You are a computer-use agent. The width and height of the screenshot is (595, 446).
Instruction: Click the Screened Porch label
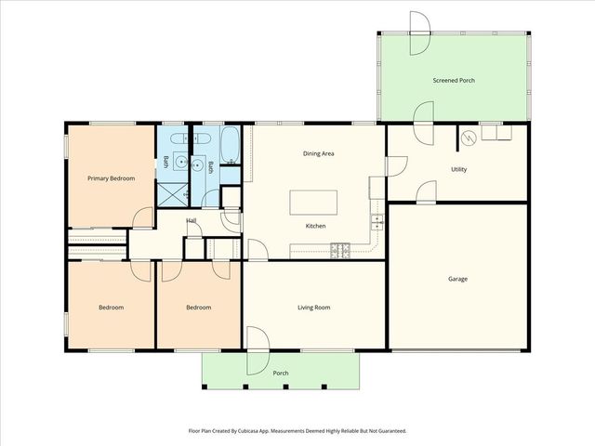click(x=454, y=81)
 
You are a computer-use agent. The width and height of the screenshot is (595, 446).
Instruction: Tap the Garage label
click(x=457, y=279)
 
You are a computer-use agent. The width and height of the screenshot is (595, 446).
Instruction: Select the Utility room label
click(x=458, y=169)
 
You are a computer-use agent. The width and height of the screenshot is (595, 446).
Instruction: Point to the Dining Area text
click(x=318, y=153)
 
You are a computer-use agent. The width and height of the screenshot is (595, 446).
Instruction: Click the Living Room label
click(x=314, y=308)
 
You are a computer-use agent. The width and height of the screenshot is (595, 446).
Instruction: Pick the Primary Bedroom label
click(x=112, y=178)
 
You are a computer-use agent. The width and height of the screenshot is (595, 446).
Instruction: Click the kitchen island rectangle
click(x=313, y=203)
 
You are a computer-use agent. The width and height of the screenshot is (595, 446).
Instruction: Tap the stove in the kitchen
click(x=340, y=251)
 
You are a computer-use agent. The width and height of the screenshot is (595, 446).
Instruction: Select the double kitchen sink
click(x=377, y=222)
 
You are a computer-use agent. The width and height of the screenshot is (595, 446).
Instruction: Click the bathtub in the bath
click(x=230, y=145)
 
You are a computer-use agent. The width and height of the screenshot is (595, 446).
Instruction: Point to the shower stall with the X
click(x=172, y=194)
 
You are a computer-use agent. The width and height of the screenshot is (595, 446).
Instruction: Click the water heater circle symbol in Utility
click(x=469, y=138)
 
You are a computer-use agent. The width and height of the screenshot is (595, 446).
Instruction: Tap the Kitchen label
click(x=316, y=226)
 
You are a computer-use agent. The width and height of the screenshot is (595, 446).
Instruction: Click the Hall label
click(x=192, y=220)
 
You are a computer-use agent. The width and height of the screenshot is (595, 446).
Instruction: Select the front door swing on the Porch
click(x=258, y=351)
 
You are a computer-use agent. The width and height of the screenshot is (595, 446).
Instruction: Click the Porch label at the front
click(x=281, y=374)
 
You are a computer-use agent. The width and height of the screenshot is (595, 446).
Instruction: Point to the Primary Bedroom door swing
click(x=142, y=218)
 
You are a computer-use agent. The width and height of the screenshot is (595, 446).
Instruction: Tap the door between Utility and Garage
click(x=427, y=192)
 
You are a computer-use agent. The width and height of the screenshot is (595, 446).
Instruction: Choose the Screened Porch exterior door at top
click(x=420, y=33)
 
